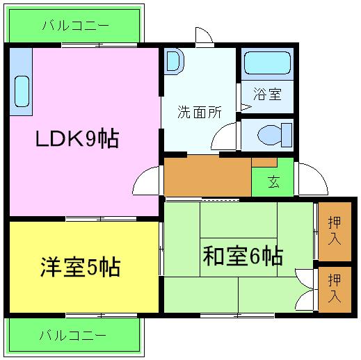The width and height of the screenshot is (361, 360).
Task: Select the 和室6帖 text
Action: click(242, 256)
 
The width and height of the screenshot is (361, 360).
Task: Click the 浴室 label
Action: click(268, 94)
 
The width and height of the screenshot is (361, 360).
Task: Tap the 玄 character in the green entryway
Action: click(273, 183)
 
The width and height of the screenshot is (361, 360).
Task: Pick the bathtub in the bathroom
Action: click(267, 65)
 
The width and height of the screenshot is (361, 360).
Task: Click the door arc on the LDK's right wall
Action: click(147, 182)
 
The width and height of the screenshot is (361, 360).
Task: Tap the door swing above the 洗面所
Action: click(204, 35)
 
